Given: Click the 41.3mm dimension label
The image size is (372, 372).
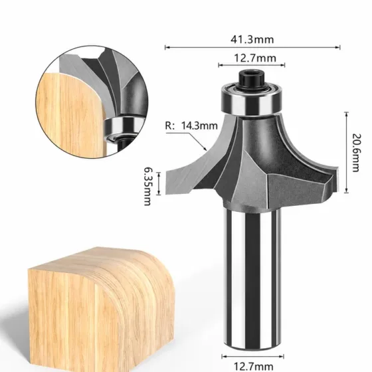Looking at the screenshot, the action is [252, 39].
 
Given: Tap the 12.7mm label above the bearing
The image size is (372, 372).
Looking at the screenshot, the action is [255, 58].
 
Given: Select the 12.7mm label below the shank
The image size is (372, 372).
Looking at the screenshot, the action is [253, 366].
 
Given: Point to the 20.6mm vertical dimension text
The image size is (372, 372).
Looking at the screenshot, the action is [356, 153].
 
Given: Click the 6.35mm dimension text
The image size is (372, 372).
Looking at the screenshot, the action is [147, 186].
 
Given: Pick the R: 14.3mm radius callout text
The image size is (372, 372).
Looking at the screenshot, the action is [191, 126].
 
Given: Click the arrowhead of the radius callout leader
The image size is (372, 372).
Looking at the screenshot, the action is [205, 149].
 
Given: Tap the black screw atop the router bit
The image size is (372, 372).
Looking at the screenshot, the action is [252, 80].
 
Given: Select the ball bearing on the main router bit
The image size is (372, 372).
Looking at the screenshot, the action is [252, 100].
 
